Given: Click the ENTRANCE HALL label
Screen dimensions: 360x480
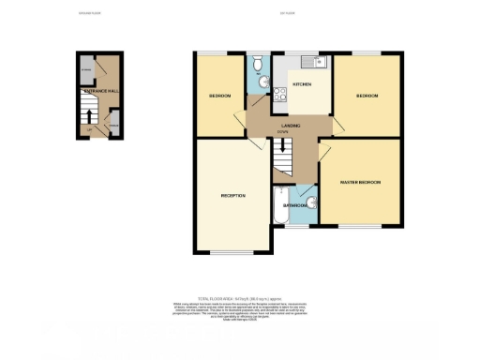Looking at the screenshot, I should click(x=100, y=91).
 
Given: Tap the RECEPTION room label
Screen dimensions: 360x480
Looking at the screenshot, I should click(x=232, y=196).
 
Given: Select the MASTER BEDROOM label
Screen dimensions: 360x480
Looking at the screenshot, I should click(x=361, y=181).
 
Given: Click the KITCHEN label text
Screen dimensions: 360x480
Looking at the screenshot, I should click(x=302, y=85).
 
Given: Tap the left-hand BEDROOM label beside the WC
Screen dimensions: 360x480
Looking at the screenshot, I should click(x=221, y=97).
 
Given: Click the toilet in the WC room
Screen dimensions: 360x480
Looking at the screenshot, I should click(x=259, y=65).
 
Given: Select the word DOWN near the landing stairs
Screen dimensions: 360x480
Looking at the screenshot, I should click(x=282, y=132).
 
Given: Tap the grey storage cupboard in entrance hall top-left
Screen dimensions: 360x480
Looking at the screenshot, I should click(x=85, y=68).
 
